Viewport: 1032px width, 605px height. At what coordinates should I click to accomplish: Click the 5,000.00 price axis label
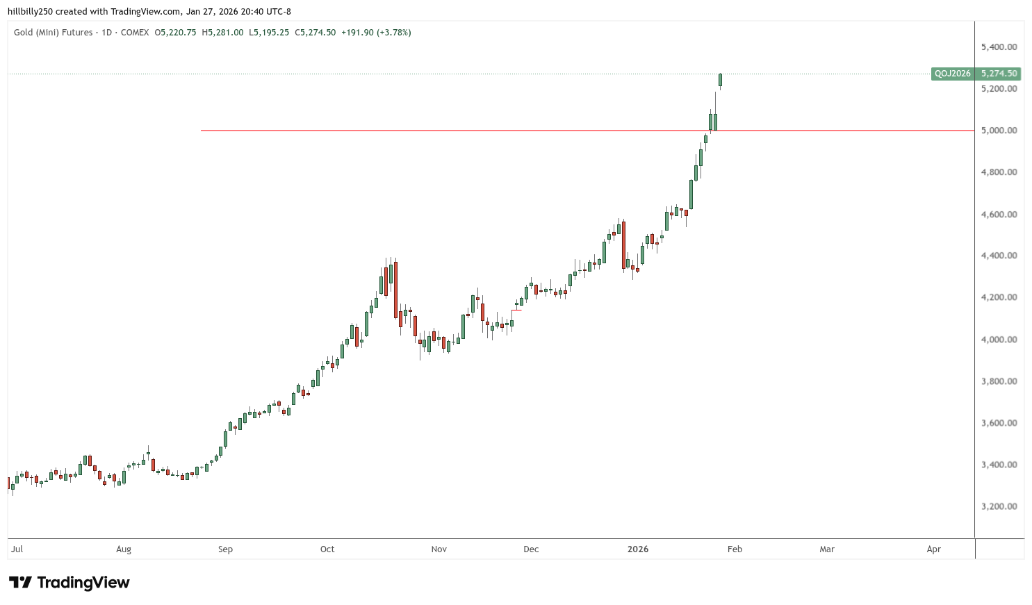(999, 131)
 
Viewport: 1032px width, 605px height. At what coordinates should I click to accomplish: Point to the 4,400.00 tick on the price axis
(999, 256)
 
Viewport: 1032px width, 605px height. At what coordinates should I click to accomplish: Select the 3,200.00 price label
(999, 506)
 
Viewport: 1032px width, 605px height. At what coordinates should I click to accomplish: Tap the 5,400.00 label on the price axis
(999, 47)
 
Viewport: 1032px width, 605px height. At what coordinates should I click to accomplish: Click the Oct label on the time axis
(327, 549)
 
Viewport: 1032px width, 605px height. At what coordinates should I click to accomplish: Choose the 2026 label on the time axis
(637, 549)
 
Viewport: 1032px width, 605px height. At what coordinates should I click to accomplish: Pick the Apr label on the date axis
(933, 549)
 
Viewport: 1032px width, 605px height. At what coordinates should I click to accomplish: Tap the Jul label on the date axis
(17, 549)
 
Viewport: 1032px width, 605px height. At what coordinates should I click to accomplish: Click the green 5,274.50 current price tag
(999, 74)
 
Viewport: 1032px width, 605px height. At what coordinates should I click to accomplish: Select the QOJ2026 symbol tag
(952, 74)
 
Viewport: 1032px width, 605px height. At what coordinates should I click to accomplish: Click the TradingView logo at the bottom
(69, 583)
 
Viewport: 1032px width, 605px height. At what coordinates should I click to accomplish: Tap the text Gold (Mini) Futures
(53, 33)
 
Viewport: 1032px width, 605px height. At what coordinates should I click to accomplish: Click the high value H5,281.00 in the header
(222, 33)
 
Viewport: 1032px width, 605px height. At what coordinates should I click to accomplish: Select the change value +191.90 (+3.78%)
(376, 33)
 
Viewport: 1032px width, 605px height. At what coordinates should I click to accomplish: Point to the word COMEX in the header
(135, 33)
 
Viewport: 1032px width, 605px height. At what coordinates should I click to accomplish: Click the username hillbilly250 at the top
(30, 12)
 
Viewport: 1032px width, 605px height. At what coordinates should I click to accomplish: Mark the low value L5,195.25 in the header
(269, 33)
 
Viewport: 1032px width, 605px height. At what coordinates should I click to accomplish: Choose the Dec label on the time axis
(531, 549)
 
